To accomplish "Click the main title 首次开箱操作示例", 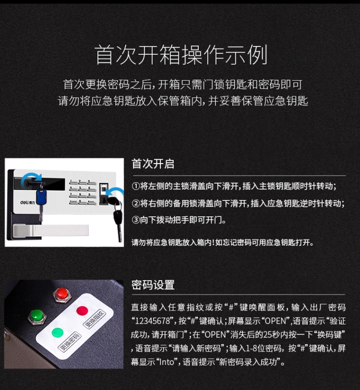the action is click(181, 55).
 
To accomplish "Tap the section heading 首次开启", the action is click(153, 164).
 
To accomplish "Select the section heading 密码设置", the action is click(153, 285).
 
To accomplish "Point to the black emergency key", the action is click(117, 216).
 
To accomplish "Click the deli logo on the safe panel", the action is click(27, 202).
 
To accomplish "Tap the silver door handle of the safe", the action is click(50, 231).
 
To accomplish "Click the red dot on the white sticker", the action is click(82, 311).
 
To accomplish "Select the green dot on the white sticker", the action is click(58, 332).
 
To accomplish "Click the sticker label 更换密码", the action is click(69, 342).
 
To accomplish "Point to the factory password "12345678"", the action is click(152, 321).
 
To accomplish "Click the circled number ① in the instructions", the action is click(136, 186).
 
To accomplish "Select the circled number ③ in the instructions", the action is click(136, 220).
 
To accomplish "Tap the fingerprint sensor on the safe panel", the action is click(104, 194).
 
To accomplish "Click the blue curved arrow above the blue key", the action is click(31, 178).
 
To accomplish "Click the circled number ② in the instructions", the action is click(136, 203).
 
